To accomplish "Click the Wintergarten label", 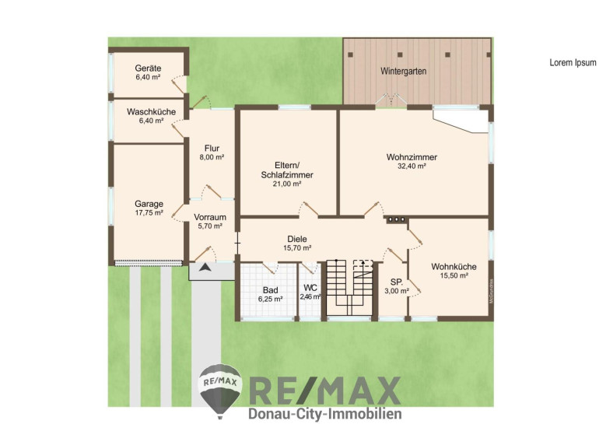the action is click(x=403, y=71).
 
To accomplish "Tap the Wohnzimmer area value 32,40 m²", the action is click(x=412, y=166).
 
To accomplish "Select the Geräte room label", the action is click(x=148, y=68).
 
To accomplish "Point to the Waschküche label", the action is click(x=151, y=112).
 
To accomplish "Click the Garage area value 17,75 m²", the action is click(x=149, y=212).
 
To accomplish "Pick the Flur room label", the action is click(x=212, y=149).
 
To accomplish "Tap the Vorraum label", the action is click(x=210, y=217).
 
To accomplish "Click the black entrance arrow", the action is click(x=205, y=268).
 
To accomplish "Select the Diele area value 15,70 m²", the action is click(x=297, y=248).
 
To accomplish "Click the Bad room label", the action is click(x=270, y=290).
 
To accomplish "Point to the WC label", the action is click(x=310, y=288).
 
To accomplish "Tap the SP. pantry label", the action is click(x=397, y=282).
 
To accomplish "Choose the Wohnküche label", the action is click(x=454, y=267).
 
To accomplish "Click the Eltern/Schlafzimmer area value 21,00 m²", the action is click(x=287, y=184).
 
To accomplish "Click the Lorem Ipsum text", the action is click(x=573, y=63).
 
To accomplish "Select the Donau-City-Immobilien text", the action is click(x=325, y=413).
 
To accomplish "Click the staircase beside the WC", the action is click(x=349, y=288).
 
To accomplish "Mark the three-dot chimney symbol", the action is click(x=397, y=219).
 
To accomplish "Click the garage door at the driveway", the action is click(x=149, y=263).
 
